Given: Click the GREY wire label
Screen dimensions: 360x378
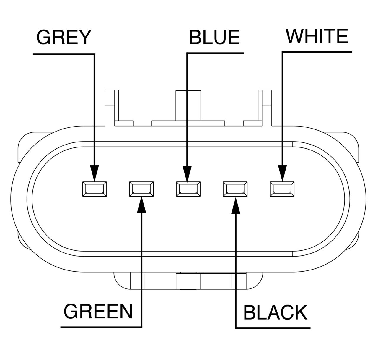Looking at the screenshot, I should [63, 38].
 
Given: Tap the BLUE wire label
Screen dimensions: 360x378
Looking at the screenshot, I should [214, 38].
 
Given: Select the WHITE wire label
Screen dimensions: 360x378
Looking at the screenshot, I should [317, 36].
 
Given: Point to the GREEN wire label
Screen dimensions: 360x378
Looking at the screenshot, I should [98, 311].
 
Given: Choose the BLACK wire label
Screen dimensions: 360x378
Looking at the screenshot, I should [275, 312].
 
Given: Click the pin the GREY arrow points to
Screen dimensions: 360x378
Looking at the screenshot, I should [94, 189].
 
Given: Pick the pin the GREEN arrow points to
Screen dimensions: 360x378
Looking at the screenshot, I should [141, 189].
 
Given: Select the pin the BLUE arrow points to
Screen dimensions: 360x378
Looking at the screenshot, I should [188, 189].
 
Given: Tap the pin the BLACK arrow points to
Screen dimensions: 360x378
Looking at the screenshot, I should [235, 189].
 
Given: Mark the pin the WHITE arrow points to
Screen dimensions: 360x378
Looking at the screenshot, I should [282, 189].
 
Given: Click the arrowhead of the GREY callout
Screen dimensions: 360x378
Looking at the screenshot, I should [94, 173].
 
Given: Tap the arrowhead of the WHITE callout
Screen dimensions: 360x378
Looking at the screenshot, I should [282, 173].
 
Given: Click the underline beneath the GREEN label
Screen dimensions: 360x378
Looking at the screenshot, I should [100, 327].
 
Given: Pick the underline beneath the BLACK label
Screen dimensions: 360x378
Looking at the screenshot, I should [273, 328].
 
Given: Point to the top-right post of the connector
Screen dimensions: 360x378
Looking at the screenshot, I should [265, 106].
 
